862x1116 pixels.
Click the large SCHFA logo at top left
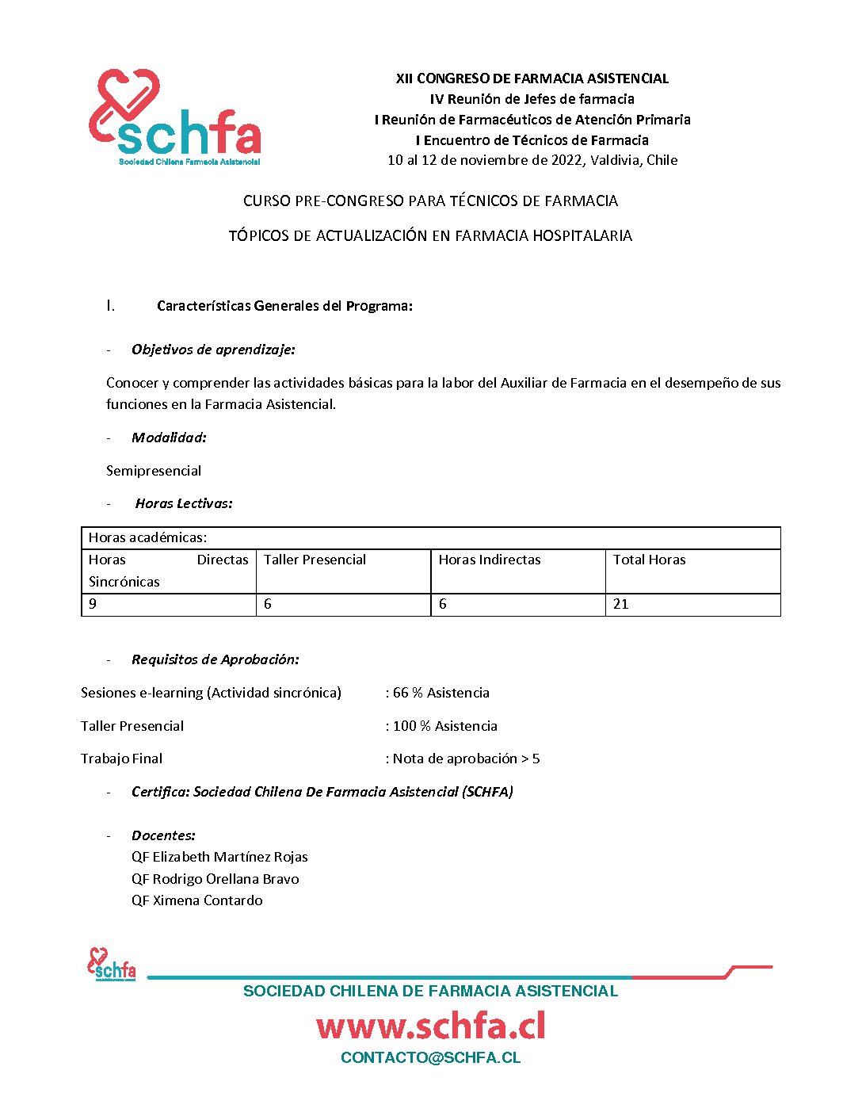point(175,117)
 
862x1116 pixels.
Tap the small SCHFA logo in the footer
point(111,964)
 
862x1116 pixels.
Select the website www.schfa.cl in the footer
point(431,1026)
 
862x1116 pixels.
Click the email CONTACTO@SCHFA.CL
point(430,1058)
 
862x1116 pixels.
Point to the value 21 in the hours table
point(621,604)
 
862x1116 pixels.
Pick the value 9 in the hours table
point(93,604)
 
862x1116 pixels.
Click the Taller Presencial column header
point(315,560)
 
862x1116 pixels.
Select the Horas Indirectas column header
point(490,560)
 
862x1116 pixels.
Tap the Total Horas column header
point(649,560)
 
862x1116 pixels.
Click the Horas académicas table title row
point(147,537)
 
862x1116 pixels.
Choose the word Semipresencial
point(154,471)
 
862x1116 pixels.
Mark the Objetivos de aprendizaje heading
point(213,350)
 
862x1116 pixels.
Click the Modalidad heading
point(169,438)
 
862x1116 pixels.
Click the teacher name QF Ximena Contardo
point(197,900)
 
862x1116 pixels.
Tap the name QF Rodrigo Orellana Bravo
point(215,879)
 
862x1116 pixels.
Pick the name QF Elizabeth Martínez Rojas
point(219,857)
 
